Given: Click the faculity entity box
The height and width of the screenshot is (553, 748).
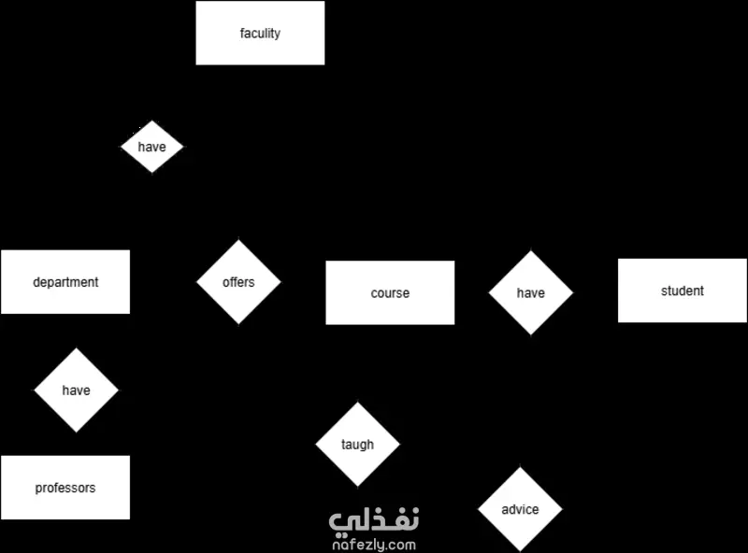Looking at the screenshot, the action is [260, 33].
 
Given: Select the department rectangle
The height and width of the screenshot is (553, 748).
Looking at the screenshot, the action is [65, 282].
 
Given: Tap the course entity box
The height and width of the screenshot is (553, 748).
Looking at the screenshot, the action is [390, 292].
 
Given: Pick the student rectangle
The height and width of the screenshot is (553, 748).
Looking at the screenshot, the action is [683, 291].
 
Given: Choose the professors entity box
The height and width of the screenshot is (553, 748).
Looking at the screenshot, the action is [65, 488].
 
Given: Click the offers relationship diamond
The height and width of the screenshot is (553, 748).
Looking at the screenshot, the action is [238, 282].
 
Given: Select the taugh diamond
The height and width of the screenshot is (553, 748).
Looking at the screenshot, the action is [358, 445].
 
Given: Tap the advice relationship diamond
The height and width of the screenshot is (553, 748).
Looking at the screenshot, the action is [520, 509].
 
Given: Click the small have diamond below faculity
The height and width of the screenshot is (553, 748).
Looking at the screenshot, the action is [151, 147].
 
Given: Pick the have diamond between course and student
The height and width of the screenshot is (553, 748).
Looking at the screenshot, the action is [530, 292].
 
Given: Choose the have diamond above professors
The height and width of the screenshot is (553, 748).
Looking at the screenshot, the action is [77, 390].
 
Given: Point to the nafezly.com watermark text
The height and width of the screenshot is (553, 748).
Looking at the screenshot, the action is [374, 545].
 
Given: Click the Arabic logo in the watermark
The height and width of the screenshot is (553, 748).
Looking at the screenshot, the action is [374, 519].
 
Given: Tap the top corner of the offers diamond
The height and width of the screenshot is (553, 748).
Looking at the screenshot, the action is [238, 239].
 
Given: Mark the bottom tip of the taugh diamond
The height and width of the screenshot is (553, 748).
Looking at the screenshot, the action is [358, 487].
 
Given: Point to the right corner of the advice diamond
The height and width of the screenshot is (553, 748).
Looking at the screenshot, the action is [563, 509].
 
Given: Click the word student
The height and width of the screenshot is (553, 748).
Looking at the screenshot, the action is [683, 291].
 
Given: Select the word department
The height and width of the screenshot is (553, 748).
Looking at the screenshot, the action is [65, 282].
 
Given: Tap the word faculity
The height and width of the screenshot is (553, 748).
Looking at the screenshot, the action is [260, 34].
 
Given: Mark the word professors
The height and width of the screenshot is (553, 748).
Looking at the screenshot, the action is [65, 489].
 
